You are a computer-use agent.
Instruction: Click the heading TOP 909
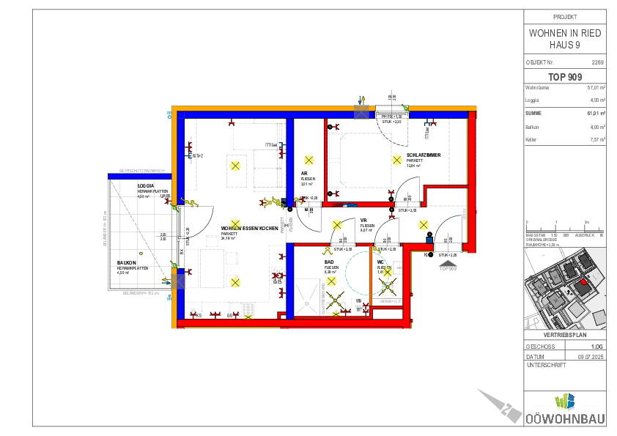tap(565, 76)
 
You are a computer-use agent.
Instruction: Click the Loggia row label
tap(533, 100)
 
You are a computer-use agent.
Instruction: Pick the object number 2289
tap(597, 63)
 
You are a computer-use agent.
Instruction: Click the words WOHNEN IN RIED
tap(565, 34)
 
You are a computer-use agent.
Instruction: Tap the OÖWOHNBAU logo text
tap(565, 418)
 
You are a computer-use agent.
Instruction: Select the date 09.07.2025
tap(591, 357)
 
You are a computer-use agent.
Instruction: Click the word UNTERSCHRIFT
tap(546, 365)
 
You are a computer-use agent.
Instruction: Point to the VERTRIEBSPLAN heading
tap(565, 335)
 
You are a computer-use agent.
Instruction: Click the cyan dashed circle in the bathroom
tap(364, 273)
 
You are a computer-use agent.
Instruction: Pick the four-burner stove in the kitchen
tap(278, 276)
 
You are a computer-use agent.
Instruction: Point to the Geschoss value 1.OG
tap(596, 347)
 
